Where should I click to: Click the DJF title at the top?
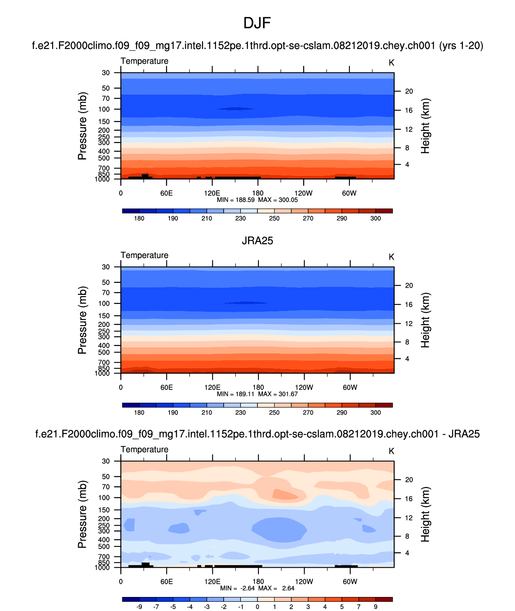pos(257,23)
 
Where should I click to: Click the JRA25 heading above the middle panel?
pos(257,240)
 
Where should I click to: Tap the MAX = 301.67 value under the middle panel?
pos(278,394)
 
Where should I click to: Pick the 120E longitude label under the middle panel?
pos(212,387)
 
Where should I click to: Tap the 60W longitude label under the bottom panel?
pos(350,581)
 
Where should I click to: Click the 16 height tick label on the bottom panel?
pos(409,498)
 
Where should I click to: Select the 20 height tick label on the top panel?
pos(409,91)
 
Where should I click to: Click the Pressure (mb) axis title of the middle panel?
pos(83,320)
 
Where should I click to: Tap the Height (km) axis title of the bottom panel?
pos(425,514)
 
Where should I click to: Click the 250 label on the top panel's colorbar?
pos(274,218)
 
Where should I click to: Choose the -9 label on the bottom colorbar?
pos(139,607)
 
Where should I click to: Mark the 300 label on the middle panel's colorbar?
pos(376,413)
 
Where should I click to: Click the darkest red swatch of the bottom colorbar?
pos(384,599)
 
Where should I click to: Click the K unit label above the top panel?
pos(392,63)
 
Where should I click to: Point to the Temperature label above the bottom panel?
pos(144,449)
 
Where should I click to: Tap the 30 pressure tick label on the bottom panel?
pos(106,461)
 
